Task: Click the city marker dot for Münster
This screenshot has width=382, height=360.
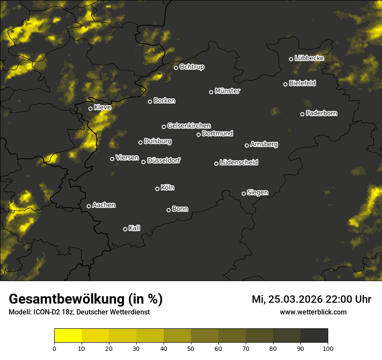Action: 211,92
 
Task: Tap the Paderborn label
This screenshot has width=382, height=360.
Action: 321,113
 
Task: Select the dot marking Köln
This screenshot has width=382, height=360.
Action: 157,189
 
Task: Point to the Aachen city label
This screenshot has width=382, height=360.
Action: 104,205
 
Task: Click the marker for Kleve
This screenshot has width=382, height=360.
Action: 91,108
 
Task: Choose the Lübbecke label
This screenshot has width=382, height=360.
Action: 309,58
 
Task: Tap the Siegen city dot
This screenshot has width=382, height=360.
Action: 244,193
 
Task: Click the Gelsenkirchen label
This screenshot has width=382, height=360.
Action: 189,126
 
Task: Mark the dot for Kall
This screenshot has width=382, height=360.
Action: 125,229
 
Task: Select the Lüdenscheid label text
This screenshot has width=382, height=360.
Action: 239,163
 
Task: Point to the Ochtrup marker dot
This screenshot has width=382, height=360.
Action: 176,68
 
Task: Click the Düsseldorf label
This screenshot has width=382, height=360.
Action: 164,160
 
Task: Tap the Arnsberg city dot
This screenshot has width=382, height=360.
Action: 247,145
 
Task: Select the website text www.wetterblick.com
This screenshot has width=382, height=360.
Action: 313,312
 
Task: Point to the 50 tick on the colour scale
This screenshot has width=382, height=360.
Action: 191,348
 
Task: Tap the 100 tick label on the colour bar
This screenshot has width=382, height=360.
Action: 328,348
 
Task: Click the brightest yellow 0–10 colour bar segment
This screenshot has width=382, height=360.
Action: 68,335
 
